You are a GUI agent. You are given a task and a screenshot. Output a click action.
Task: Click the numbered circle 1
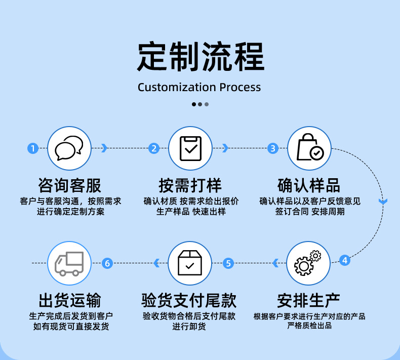33,148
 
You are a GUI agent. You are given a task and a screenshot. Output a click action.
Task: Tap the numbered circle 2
154,148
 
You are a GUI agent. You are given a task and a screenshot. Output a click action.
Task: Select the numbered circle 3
273,148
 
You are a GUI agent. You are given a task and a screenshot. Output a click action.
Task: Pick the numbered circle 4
344,261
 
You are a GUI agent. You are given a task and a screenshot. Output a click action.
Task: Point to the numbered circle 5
228,263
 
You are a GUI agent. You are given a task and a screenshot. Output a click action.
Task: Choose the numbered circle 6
107,263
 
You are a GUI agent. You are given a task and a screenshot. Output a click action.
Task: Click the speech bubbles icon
69,148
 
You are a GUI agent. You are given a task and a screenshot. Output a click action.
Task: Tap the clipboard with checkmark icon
190,148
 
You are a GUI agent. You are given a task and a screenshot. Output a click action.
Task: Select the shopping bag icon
309,147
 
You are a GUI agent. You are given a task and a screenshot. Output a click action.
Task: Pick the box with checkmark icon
189,263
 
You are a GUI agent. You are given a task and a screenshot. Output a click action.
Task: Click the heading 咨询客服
69,185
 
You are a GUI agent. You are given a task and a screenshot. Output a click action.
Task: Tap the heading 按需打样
190,185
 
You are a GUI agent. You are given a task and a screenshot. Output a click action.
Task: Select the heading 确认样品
309,185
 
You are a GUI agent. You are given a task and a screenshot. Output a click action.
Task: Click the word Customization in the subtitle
177,87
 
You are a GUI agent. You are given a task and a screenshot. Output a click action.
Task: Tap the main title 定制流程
200,56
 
